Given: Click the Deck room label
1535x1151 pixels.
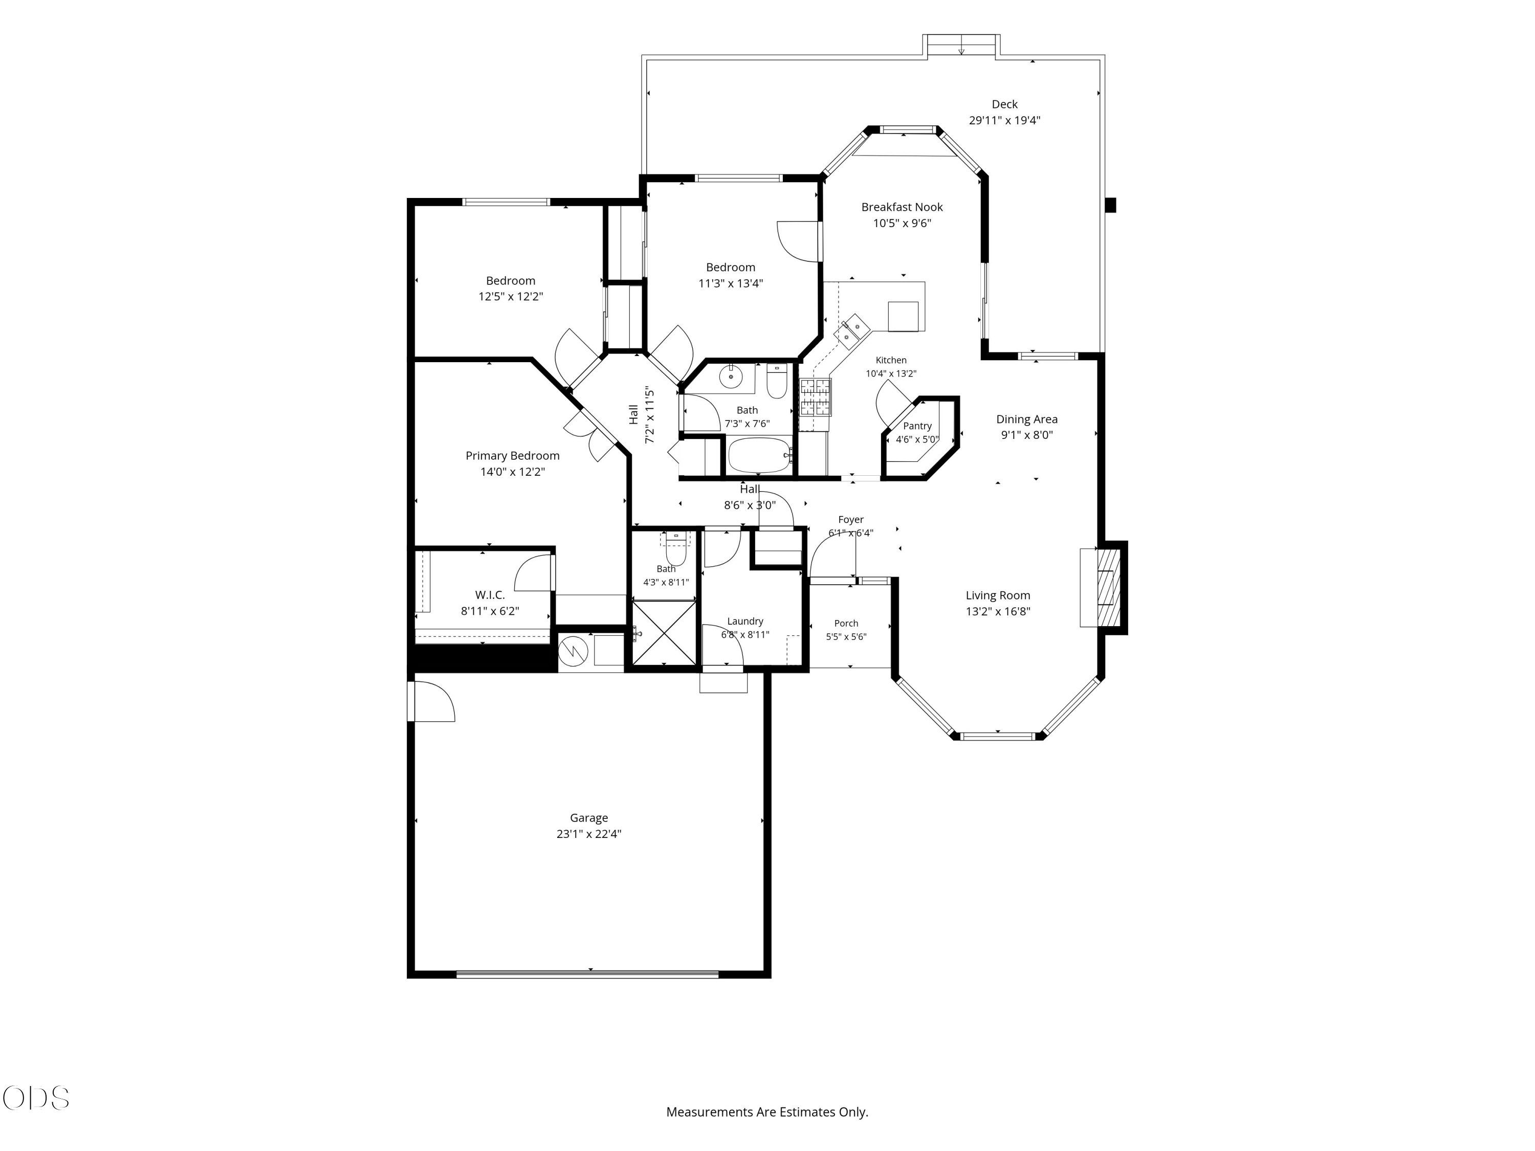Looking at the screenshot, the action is point(1004,104).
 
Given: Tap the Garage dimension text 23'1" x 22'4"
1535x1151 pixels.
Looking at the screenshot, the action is point(588,834).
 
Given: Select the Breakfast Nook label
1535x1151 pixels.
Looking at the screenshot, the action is point(902,207).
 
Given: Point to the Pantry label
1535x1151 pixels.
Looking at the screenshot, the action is point(917,426).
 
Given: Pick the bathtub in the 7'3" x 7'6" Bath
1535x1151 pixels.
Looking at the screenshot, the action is point(759,455).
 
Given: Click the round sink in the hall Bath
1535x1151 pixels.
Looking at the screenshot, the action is point(731,377).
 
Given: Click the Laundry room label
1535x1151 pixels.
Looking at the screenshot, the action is point(745,622).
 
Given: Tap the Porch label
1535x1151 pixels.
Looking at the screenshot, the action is point(846,623).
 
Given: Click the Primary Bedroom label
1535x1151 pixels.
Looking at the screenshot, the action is point(512,456).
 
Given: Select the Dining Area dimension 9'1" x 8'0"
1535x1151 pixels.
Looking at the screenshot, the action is point(1026,435).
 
